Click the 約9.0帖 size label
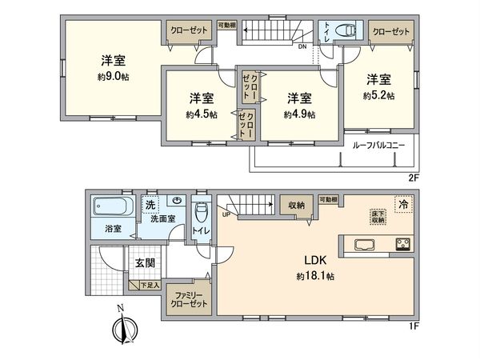(x=111, y=78)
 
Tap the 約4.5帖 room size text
(x=201, y=114)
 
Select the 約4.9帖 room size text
(x=299, y=114)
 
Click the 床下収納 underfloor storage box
(x=377, y=216)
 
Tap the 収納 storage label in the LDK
(x=296, y=206)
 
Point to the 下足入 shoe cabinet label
(x=150, y=284)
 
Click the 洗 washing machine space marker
(x=150, y=205)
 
